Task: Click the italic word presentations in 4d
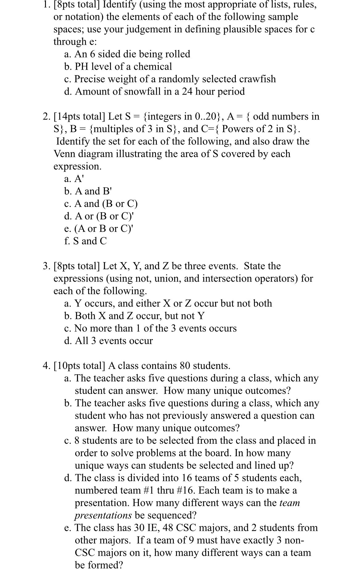[103, 515]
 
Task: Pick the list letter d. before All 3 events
[68, 341]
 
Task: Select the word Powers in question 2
[236, 129]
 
